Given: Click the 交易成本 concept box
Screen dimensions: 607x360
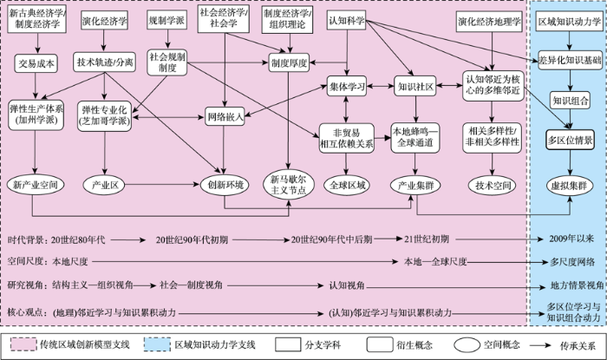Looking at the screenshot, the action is [36, 63].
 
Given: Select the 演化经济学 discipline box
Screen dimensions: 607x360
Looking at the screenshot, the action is [104, 21].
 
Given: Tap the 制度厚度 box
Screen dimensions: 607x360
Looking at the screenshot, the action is [289, 62].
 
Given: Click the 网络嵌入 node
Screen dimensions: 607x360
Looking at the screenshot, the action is [225, 116].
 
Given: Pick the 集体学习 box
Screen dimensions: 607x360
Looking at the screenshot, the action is [347, 87].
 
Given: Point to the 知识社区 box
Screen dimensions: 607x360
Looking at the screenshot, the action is [415, 87].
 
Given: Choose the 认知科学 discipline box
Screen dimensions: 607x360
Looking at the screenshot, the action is [347, 21].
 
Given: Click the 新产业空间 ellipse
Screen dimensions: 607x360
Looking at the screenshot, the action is [36, 185].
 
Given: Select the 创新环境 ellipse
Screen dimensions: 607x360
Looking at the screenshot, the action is [225, 185].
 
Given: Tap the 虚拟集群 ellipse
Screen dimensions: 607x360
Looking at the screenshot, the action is [569, 186].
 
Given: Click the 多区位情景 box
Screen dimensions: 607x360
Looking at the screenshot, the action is [570, 140].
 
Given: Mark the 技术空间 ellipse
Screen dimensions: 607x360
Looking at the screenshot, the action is [493, 186].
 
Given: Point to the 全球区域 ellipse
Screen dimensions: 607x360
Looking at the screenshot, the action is [347, 185].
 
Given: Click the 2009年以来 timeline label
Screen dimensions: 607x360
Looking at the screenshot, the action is [571, 239].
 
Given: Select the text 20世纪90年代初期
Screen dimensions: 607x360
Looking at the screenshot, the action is [192, 239].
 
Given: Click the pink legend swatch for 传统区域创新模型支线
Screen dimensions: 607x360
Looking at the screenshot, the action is [23, 344].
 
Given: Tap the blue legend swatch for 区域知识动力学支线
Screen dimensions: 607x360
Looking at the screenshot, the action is [157, 344].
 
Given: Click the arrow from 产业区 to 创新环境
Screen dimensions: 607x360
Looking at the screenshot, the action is [162, 185].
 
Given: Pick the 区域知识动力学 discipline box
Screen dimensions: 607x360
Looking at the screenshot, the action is [569, 22].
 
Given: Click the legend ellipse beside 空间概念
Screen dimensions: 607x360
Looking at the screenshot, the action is [467, 344].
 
